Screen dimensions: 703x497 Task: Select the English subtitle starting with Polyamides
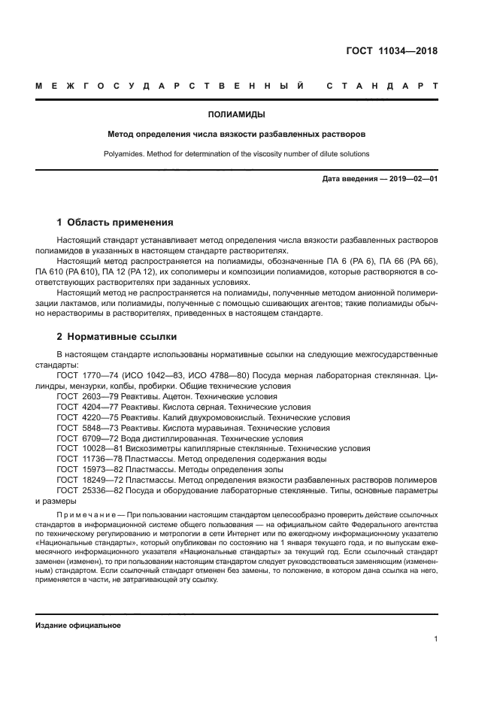[236, 154]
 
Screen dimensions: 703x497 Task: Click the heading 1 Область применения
[115, 223]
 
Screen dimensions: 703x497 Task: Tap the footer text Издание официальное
[77, 626]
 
